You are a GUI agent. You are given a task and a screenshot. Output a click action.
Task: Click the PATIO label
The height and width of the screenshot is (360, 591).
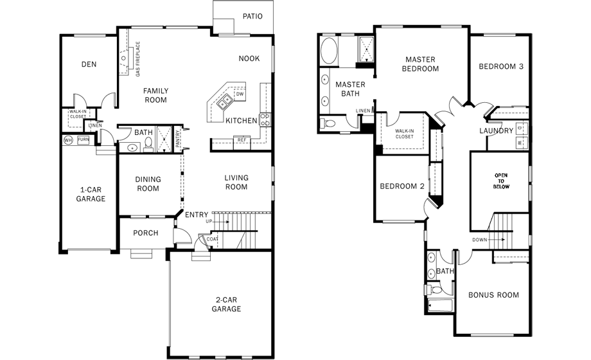click(252, 16)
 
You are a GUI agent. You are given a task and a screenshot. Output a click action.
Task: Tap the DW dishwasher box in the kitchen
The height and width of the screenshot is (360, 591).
click(240, 94)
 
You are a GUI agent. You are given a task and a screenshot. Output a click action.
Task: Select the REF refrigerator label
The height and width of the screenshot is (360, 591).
click(242, 140)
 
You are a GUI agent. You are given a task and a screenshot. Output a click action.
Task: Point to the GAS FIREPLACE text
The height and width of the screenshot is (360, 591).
click(137, 59)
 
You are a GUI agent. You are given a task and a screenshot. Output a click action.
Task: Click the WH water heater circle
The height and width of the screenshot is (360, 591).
click(68, 140)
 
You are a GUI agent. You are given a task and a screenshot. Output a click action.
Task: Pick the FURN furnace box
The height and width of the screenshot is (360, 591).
click(84, 139)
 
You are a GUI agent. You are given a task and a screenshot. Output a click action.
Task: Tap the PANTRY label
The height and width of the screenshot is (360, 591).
click(177, 138)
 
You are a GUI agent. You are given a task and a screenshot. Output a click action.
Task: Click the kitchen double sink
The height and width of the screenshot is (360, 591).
click(225, 101)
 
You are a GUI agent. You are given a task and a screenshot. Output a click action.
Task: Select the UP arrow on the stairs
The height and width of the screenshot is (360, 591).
click(222, 222)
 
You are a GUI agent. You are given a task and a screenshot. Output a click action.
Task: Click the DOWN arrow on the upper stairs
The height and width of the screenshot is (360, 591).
click(497, 240)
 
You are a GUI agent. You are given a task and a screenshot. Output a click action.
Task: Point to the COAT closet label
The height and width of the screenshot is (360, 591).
click(212, 239)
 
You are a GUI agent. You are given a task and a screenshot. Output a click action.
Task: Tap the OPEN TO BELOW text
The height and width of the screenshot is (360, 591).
click(501, 181)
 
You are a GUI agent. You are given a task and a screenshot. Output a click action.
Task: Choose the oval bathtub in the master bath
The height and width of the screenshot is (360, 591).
click(329, 51)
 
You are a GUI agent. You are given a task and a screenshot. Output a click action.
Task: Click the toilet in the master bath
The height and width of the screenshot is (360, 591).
click(329, 123)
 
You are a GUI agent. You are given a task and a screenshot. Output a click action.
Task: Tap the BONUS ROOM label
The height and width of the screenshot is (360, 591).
click(493, 294)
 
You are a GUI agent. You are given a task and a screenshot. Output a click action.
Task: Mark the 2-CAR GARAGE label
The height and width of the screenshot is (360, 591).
click(226, 304)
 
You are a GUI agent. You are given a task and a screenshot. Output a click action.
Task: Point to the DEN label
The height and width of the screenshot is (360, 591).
click(89, 64)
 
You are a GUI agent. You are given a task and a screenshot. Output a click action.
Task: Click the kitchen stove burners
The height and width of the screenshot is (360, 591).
click(265, 120)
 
